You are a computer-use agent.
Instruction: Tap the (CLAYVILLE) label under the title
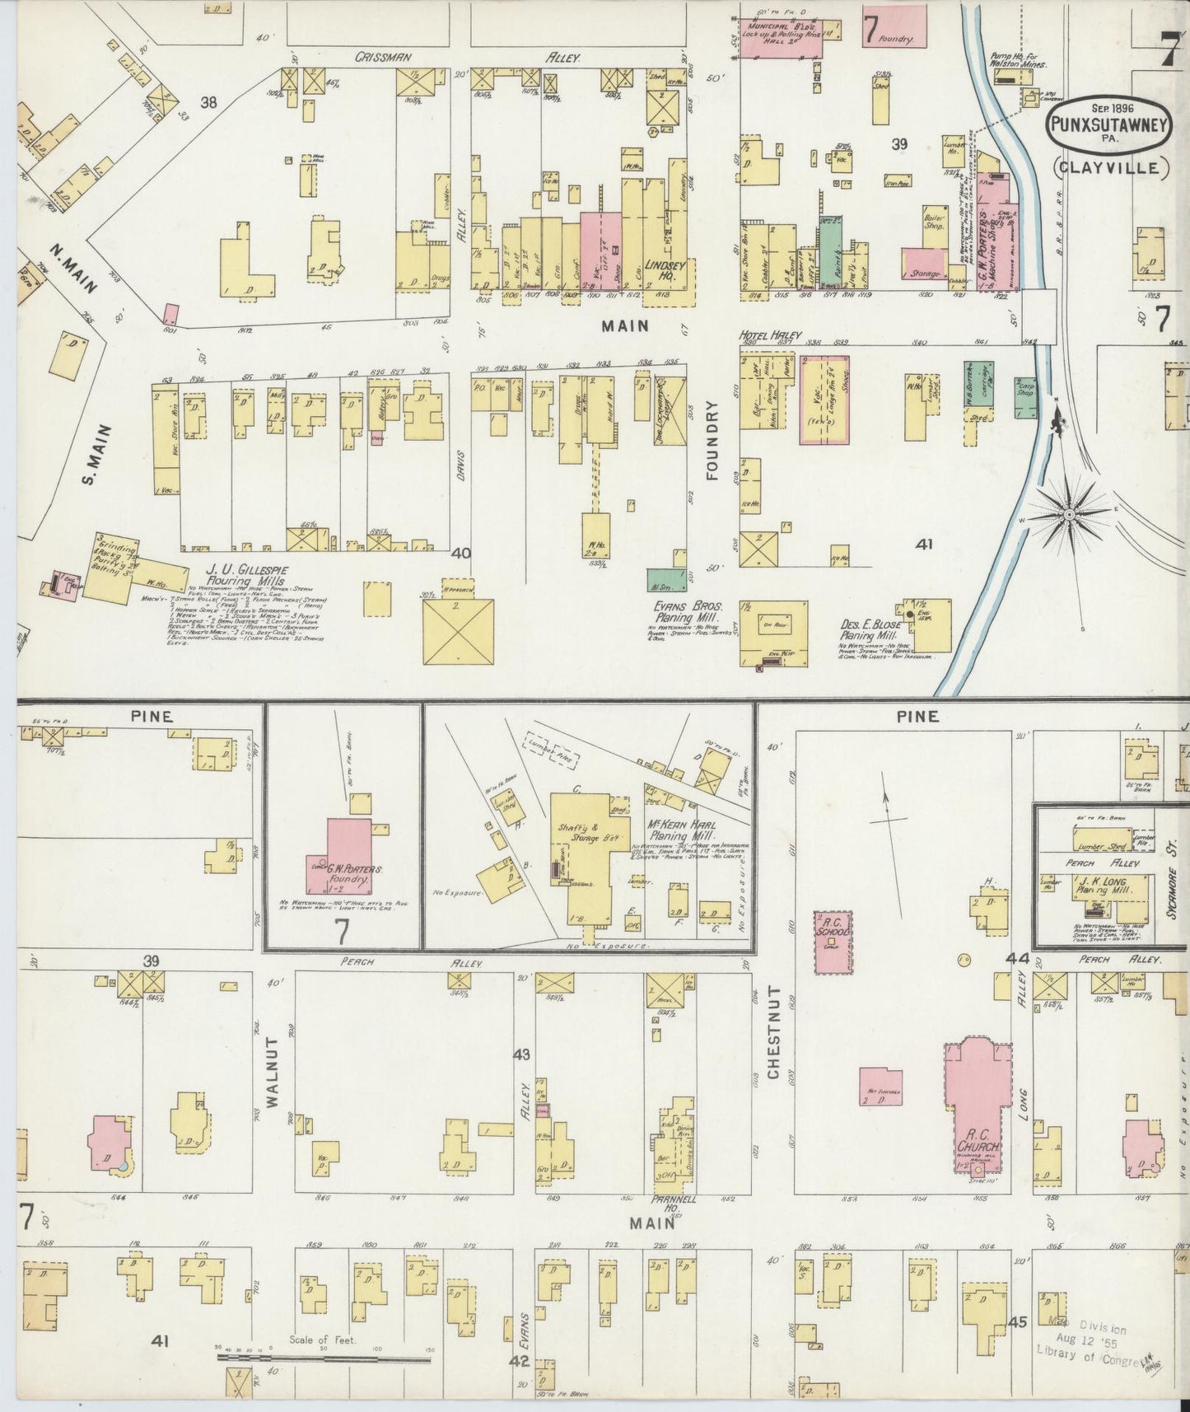[1111, 168]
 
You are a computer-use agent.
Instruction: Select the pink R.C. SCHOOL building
[833, 940]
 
